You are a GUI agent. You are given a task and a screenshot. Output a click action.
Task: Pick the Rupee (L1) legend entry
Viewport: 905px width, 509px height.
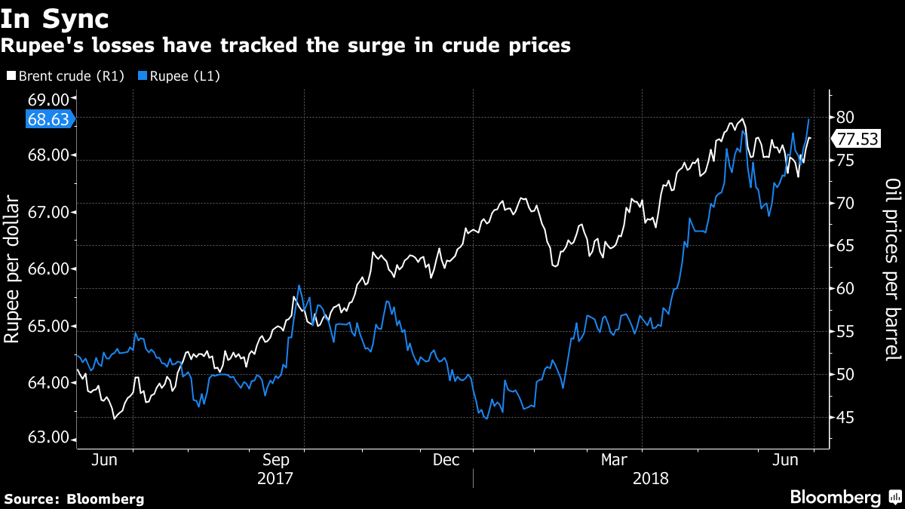coord(179,76)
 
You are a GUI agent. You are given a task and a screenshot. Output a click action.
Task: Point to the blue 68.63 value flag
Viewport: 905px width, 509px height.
coord(48,119)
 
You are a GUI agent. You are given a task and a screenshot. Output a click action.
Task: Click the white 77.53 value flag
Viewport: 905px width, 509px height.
coord(857,139)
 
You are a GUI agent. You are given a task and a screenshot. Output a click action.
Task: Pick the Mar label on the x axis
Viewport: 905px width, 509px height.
coord(616,460)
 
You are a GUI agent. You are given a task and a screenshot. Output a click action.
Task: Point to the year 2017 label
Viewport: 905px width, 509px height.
coord(275,479)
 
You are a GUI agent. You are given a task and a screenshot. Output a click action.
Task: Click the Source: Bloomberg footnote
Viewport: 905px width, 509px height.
coord(74,498)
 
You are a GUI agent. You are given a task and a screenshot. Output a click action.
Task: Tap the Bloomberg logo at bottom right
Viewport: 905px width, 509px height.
coord(845,497)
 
